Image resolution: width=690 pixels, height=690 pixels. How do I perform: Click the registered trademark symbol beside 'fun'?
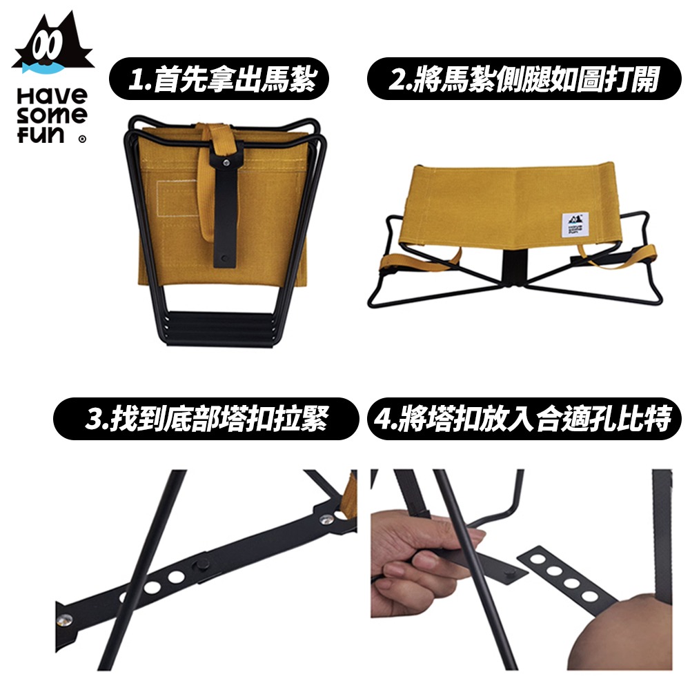click(x=82, y=139)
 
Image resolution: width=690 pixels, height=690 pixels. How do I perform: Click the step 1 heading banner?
click(x=219, y=79)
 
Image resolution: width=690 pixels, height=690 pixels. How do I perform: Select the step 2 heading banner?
click(x=524, y=79)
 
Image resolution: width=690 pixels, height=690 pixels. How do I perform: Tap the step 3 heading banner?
click(x=206, y=419)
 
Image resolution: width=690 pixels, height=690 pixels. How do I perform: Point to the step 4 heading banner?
click(x=524, y=419)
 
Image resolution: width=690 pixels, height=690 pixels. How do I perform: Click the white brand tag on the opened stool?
click(x=575, y=226)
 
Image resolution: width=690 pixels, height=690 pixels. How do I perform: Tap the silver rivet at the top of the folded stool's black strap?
click(x=226, y=162)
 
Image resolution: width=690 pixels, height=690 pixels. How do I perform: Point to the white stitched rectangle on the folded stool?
click(x=176, y=198)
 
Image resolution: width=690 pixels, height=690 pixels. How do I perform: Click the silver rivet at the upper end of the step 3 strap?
click(x=326, y=520)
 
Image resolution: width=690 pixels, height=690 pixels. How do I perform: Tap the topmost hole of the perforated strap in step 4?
click(x=538, y=560)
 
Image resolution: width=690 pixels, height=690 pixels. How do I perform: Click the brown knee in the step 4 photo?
click(x=625, y=633)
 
